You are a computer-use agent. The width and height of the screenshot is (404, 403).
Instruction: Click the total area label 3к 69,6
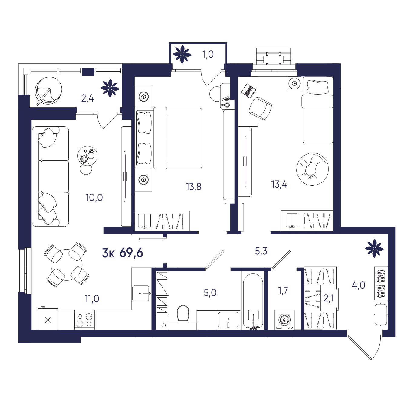[123, 253]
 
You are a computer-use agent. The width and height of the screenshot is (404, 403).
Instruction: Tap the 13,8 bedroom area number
[193, 186]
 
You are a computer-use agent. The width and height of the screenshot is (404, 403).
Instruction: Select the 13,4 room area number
[279, 185]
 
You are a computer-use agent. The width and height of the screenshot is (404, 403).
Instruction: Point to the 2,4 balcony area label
[87, 98]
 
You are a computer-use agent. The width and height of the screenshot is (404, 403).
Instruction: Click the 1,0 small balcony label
[208, 54]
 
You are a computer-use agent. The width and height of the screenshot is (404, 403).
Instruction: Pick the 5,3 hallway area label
[261, 251]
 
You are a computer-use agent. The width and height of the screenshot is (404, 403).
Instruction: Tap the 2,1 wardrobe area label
[329, 298]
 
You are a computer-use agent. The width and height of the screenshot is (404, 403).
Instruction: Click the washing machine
[284, 320]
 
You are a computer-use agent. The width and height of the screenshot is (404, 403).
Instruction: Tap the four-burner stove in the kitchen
[84, 320]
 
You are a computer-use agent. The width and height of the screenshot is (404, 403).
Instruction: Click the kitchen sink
[141, 293]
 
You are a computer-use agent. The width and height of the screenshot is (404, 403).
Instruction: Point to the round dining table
[67, 265]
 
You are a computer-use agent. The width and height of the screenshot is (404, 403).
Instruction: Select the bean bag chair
[312, 169]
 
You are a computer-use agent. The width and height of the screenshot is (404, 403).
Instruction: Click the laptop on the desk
[248, 90]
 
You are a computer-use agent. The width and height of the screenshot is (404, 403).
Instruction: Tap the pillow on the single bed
[317, 88]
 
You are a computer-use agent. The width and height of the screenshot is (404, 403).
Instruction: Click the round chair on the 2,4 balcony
[48, 89]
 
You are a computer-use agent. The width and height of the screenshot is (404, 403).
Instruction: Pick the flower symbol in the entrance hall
[374, 249]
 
